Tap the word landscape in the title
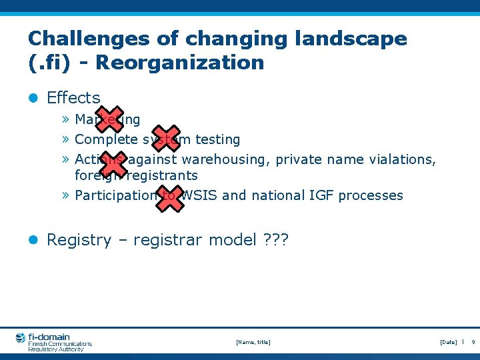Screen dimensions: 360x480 [350, 39]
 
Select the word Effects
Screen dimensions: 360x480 [73, 98]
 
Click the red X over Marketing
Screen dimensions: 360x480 [109, 119]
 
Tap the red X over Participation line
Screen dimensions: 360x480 [169, 196]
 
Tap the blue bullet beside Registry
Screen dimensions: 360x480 [34, 240]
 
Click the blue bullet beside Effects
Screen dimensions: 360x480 [34, 98]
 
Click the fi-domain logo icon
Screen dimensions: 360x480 [21, 338]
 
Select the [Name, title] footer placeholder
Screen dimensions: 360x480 [253, 342]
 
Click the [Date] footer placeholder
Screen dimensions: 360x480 [448, 342]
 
